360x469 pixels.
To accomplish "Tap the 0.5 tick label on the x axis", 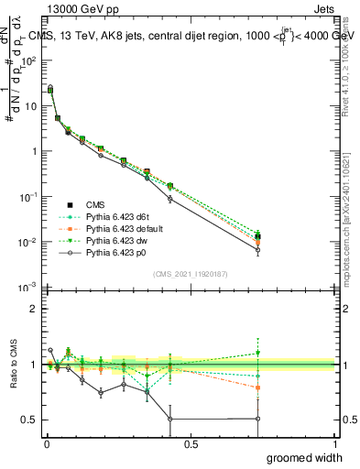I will [x=191, y=443].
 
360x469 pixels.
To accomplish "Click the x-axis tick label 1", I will [x=334, y=443].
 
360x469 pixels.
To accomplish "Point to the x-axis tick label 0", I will [x=47, y=443].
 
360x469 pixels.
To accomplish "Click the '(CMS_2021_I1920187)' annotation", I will [x=191, y=274].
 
